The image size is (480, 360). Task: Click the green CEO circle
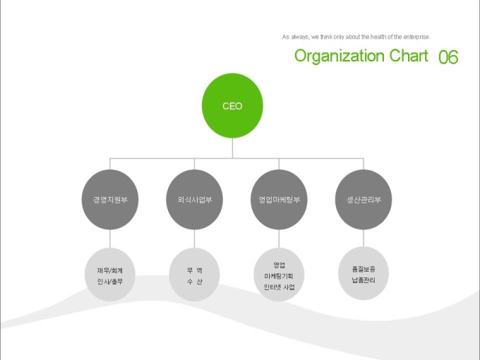[x=232, y=106]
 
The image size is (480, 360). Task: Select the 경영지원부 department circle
[x=110, y=200]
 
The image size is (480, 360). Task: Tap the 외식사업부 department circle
[x=195, y=200]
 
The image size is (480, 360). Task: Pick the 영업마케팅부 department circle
[x=279, y=200]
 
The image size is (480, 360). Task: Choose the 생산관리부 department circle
[x=363, y=200]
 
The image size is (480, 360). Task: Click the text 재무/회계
[x=110, y=270]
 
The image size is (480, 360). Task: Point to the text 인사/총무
[x=110, y=281]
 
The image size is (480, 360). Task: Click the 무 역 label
[x=195, y=270]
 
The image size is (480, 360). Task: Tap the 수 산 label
[x=195, y=281]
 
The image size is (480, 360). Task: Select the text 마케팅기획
[x=279, y=276]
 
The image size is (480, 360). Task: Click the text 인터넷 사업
[x=279, y=287]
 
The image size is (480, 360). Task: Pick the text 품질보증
[x=363, y=269]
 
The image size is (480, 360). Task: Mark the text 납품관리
[x=363, y=280]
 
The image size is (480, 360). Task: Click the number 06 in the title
[x=448, y=57]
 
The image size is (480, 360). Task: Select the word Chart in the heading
[x=409, y=56]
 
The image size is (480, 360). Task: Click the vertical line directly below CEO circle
[x=232, y=148]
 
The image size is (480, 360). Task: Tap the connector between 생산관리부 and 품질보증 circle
[x=363, y=238]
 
